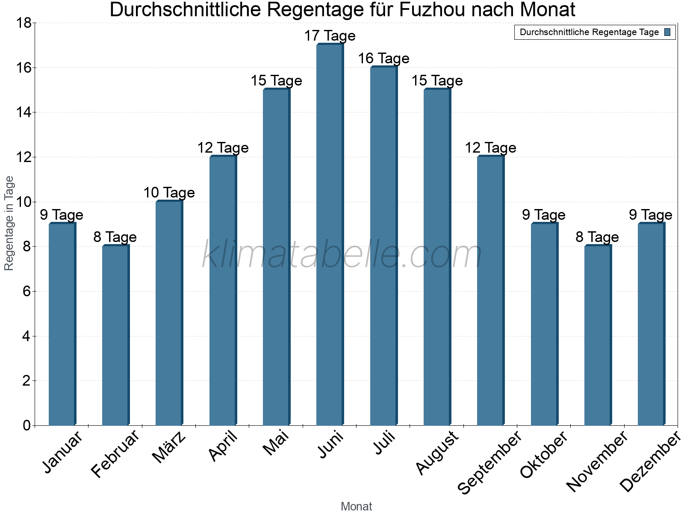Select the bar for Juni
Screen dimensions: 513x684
330,235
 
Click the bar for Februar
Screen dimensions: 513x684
115,336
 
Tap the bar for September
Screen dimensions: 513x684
490,291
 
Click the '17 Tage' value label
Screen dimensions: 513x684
330,36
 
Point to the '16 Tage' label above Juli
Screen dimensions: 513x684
383,59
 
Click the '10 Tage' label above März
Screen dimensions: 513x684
169,193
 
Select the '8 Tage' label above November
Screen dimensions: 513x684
597,237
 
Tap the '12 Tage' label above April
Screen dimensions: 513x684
223,148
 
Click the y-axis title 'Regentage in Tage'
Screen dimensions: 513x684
9,223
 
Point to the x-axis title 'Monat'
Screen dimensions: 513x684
356,506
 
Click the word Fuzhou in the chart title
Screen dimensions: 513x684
431,10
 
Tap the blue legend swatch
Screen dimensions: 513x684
667,32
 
